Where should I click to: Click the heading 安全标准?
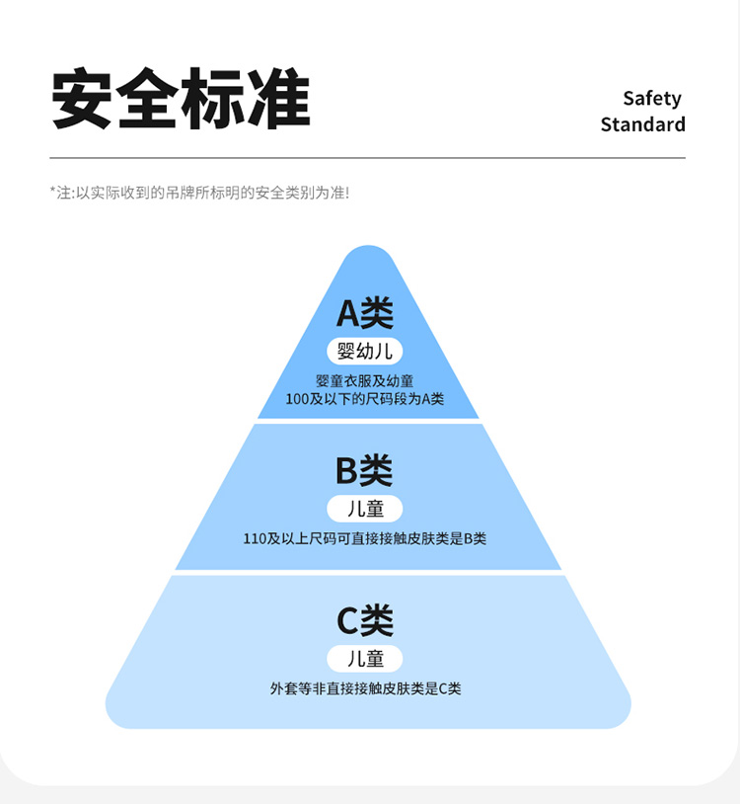point(181,99)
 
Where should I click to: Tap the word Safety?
point(652,98)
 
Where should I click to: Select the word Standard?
point(642,124)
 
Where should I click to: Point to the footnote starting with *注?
point(199,193)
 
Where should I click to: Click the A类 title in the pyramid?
point(365,313)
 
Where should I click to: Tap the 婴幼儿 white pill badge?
point(365,351)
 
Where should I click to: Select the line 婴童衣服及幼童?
point(365,381)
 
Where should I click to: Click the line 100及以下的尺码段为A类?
point(365,399)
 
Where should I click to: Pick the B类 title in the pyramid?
point(364,470)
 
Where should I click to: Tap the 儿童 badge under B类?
point(365,509)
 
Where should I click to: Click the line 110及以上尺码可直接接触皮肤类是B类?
point(365,539)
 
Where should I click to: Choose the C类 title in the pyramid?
point(365,620)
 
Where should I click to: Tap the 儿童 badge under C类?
point(365,658)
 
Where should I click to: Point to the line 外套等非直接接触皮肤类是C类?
point(365,688)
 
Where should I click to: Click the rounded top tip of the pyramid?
point(368,259)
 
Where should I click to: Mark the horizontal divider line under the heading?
point(367,158)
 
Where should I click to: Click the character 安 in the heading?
point(82,99)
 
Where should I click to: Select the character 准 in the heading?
point(279,99)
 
